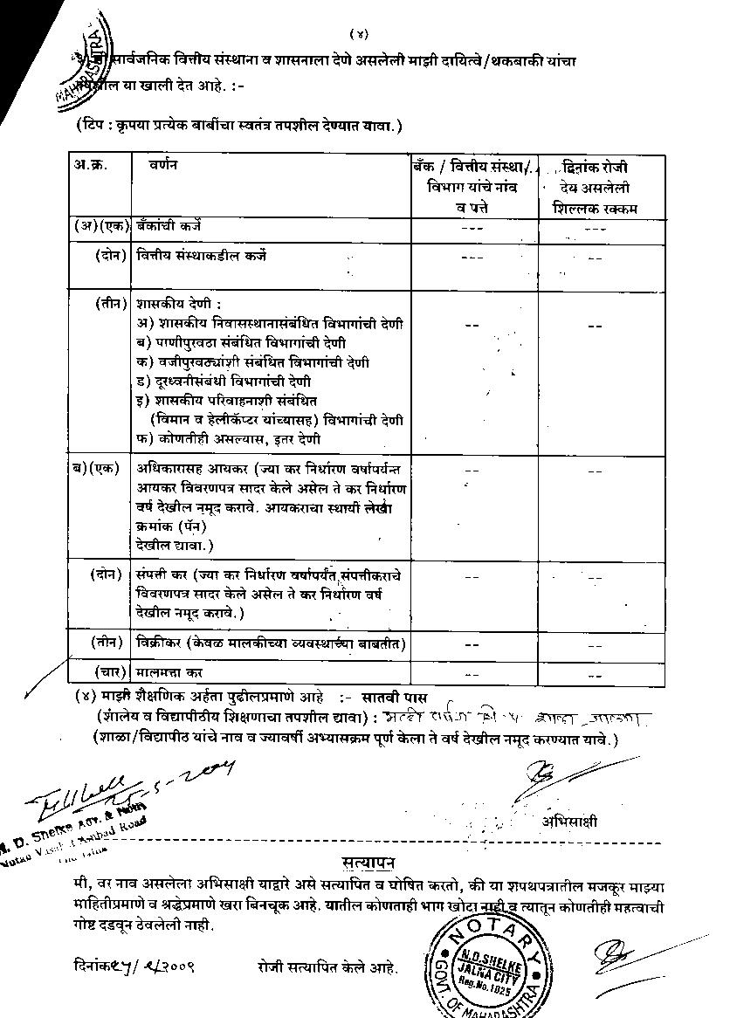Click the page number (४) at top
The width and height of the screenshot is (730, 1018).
pyautogui.click(x=360, y=34)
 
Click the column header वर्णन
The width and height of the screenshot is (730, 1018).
pyautogui.click(x=162, y=165)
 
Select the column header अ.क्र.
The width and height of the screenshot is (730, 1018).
pyautogui.click(x=91, y=165)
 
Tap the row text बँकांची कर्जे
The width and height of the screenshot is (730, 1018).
pyautogui.click(x=168, y=225)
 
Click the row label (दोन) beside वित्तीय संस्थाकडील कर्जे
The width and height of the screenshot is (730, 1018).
pyautogui.click(x=108, y=256)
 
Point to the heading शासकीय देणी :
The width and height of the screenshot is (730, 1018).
pyautogui.click(x=172, y=305)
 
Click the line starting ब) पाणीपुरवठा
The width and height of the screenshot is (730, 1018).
pyautogui.click(x=241, y=342)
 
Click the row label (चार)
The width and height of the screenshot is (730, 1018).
pyautogui.click(x=108, y=673)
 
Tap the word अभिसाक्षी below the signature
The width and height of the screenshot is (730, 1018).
pyautogui.click(x=569, y=822)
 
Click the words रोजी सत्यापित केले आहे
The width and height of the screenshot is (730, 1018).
pyautogui.click(x=327, y=967)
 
